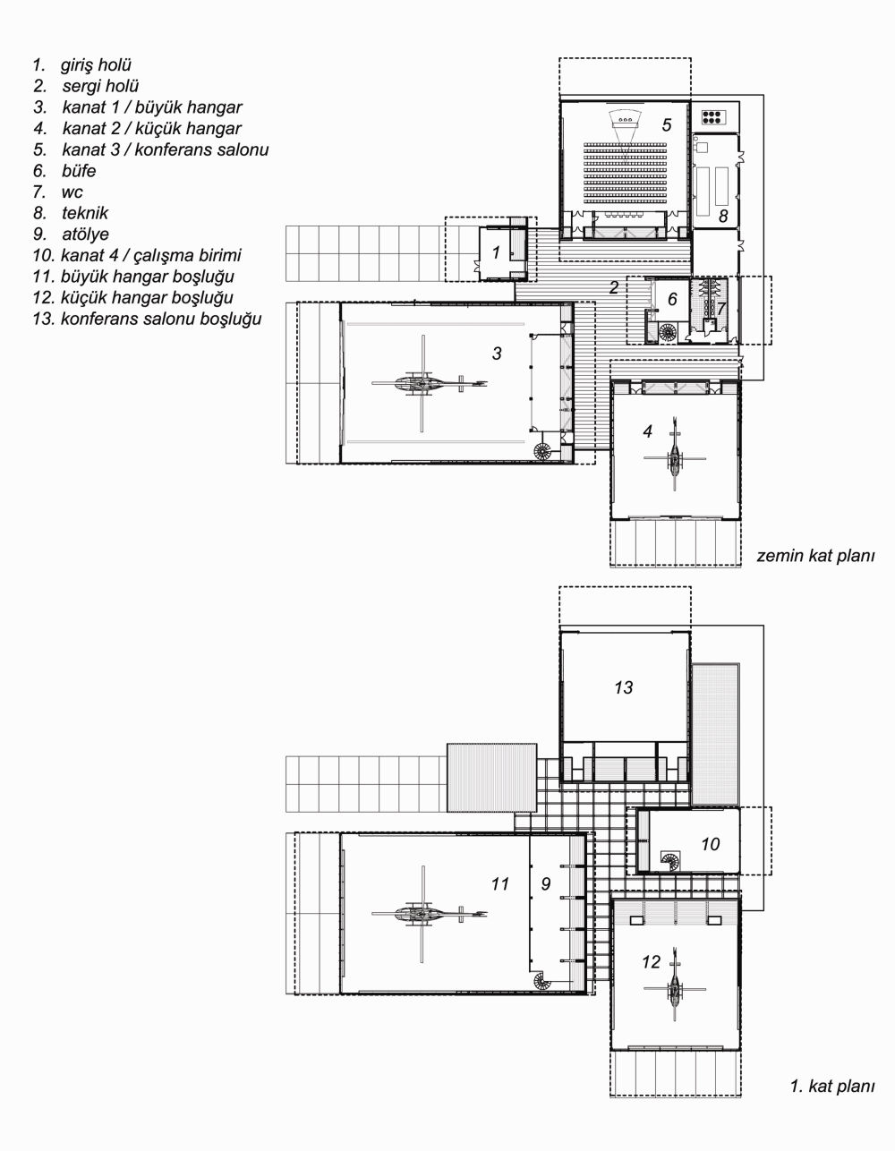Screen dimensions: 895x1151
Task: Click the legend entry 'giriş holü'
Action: pyautogui.click(x=96, y=65)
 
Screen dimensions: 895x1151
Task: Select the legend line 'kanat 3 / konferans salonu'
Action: pyautogui.click(x=166, y=149)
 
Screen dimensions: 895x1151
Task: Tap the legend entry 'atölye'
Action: pyautogui.click(x=85, y=234)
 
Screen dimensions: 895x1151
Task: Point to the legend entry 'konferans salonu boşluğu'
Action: pyautogui.click(x=161, y=319)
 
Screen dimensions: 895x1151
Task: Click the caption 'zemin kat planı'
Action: pyautogui.click(x=815, y=556)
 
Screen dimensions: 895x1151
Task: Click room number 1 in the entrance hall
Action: pyautogui.click(x=496, y=252)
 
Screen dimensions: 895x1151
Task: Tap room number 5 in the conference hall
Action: pyautogui.click(x=666, y=125)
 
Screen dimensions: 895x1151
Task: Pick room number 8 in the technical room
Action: pyautogui.click(x=723, y=216)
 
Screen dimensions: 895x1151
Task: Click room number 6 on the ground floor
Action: pyautogui.click(x=672, y=299)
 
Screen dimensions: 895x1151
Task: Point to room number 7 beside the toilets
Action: pyautogui.click(x=720, y=308)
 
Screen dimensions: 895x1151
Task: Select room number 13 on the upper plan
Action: pyautogui.click(x=623, y=687)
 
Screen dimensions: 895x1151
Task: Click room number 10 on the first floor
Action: pyautogui.click(x=710, y=844)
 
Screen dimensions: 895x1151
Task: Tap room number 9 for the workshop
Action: pyautogui.click(x=546, y=883)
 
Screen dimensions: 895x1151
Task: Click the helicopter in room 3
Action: pyautogui.click(x=429, y=383)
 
